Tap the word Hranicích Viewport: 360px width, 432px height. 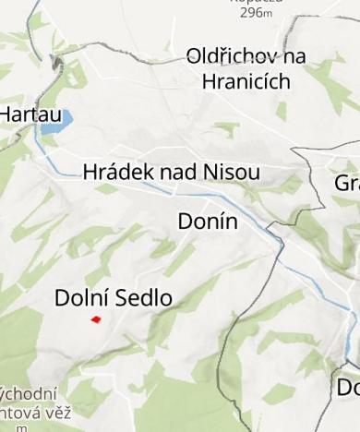[x=246, y=81]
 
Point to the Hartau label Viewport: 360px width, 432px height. [x=23, y=114]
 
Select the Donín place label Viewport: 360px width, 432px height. [x=207, y=222]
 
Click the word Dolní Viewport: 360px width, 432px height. [x=80, y=297]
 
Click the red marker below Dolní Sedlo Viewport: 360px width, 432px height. [x=95, y=319]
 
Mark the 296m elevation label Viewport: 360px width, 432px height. [x=256, y=12]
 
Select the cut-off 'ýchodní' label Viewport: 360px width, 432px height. [x=30, y=394]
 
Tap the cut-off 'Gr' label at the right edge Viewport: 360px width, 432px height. [x=347, y=183]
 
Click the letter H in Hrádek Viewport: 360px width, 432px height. [x=90, y=172]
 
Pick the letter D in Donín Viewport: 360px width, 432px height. [x=184, y=222]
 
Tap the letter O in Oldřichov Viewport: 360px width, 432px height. [x=196, y=56]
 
